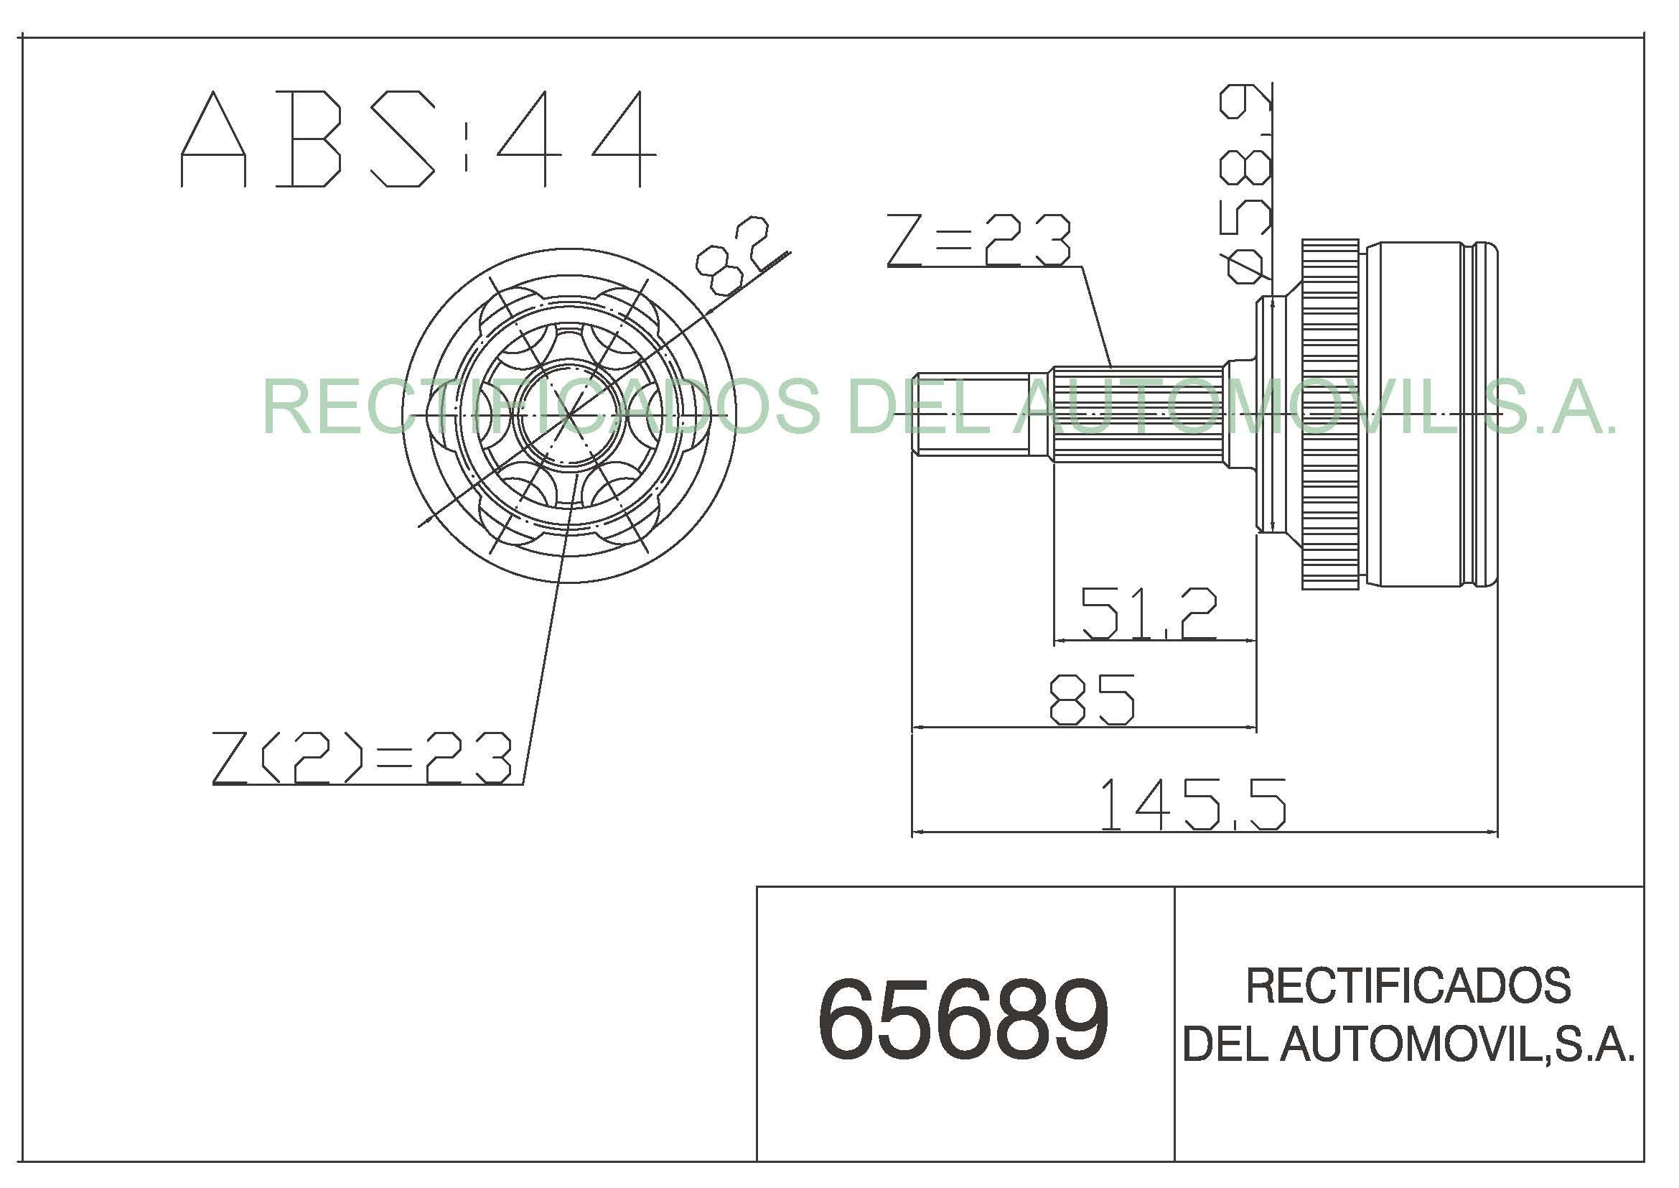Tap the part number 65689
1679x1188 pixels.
pos(963,1021)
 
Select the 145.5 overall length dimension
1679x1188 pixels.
pos(1192,804)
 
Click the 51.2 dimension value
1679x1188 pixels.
pos(1149,613)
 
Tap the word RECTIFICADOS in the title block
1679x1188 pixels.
pos(1408,985)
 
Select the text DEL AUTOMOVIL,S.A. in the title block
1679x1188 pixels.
pos(1408,1044)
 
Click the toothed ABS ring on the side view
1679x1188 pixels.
pos(1330,414)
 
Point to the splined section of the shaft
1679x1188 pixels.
pos(1137,414)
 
